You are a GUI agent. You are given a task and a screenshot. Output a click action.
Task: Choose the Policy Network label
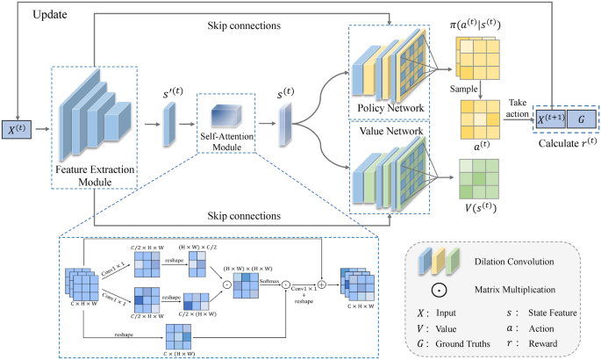tap(387, 108)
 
